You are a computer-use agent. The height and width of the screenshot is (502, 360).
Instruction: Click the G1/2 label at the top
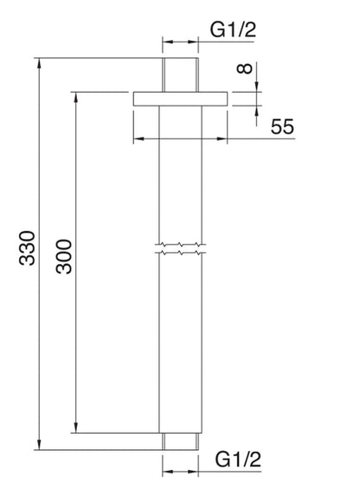234,30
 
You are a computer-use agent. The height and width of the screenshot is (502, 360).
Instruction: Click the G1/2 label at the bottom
236,456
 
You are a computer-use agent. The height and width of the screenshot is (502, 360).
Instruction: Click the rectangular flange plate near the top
182,99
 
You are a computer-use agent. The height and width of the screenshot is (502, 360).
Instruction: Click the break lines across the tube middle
182,248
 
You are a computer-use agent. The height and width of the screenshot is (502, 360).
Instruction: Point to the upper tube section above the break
182,173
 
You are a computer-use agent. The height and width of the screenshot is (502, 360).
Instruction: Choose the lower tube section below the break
182,346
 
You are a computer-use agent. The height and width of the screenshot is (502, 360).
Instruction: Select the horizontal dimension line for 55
182,138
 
